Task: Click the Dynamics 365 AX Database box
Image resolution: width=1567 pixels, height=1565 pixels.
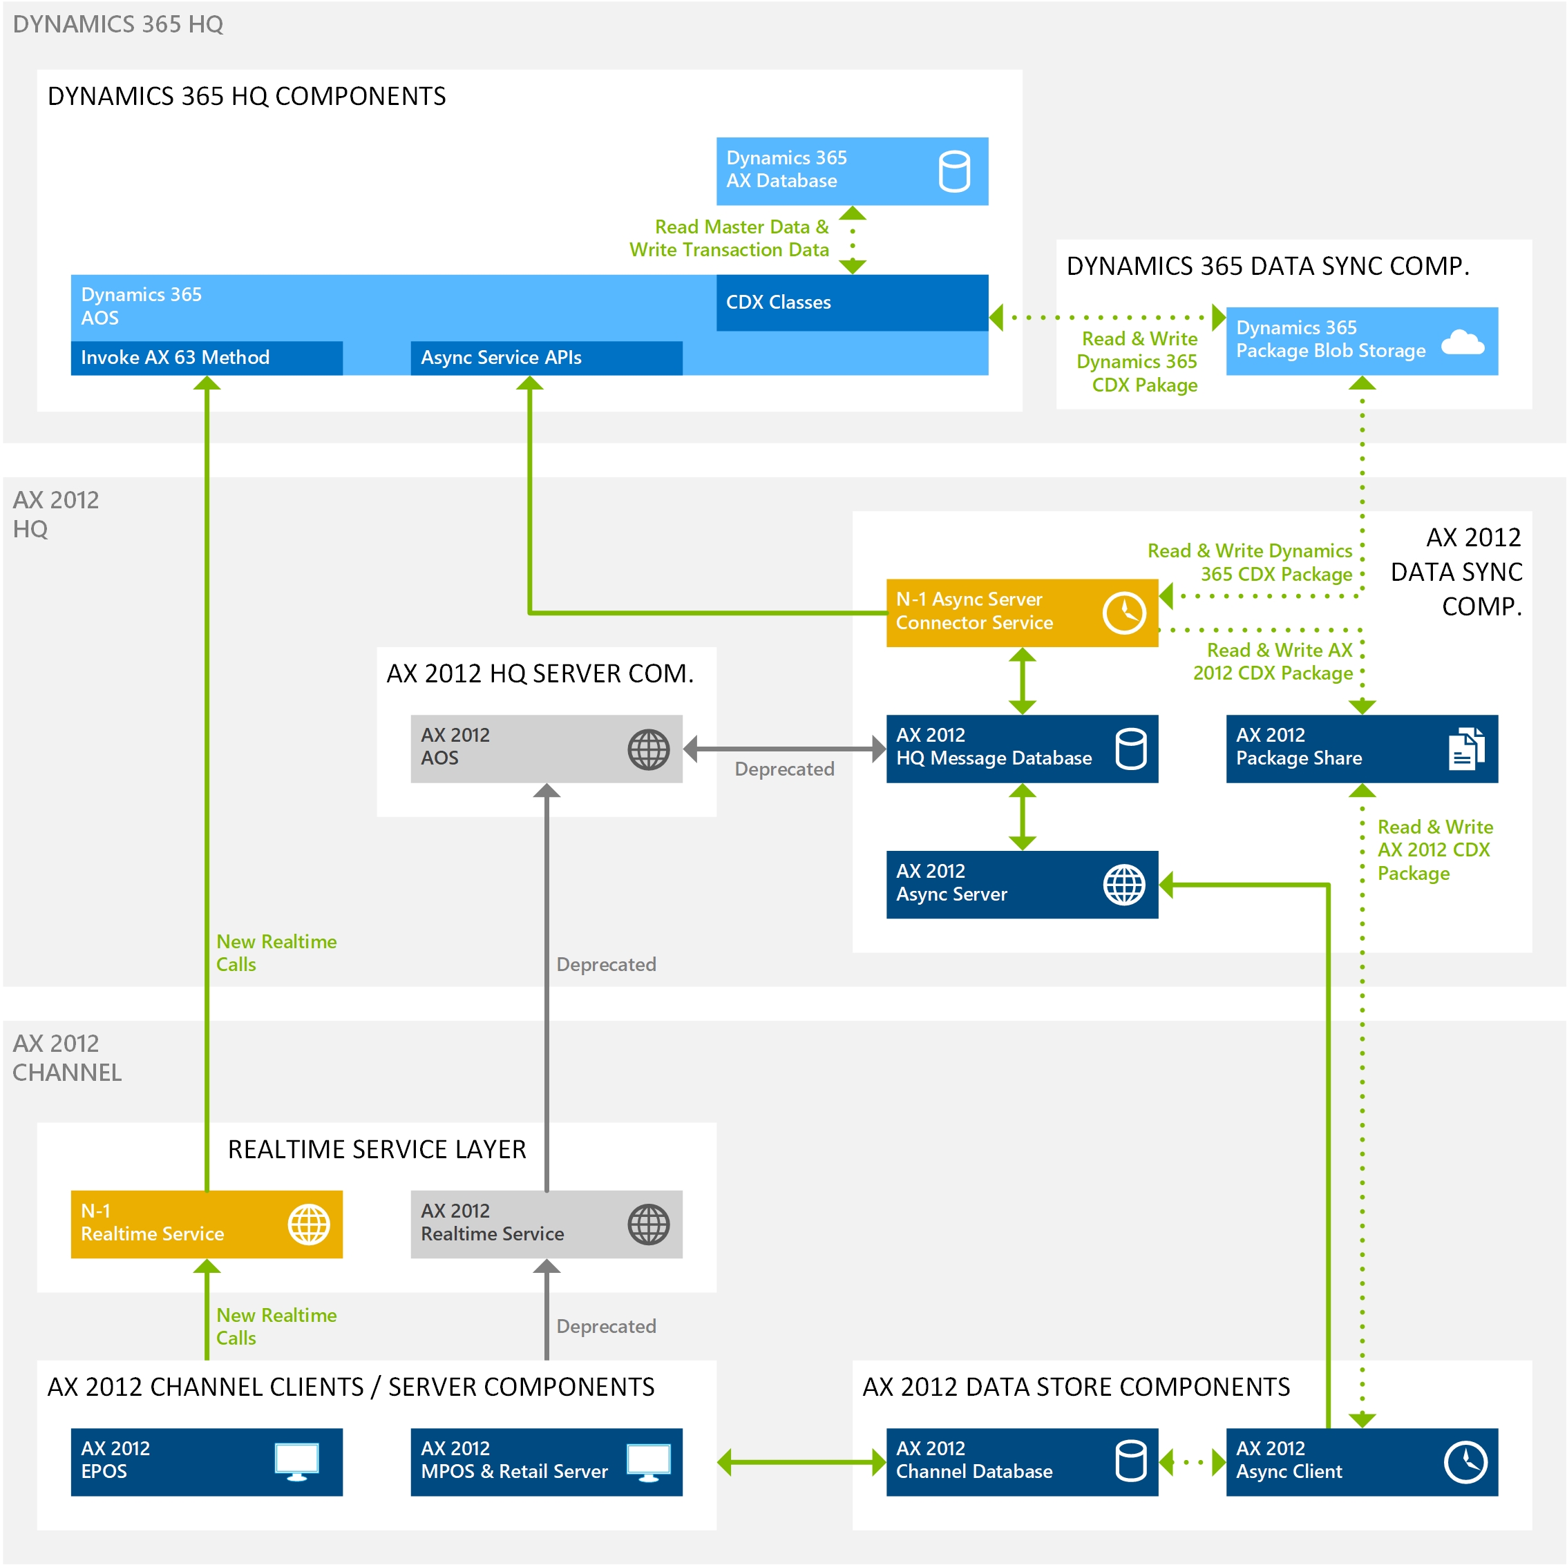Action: [x=852, y=171]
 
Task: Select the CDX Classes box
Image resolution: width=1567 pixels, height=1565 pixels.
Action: [x=852, y=303]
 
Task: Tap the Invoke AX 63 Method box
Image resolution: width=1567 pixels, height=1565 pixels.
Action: [x=206, y=358]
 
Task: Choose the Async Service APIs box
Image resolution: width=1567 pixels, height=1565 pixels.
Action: [x=546, y=358]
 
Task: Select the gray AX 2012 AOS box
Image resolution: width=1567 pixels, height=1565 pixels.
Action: [x=546, y=748]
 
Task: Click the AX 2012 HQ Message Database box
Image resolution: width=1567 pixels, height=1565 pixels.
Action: [x=1021, y=748]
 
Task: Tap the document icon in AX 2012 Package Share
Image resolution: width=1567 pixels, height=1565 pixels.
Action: [x=1465, y=748]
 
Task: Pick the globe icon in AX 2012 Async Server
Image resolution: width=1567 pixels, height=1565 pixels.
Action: [x=1124, y=884]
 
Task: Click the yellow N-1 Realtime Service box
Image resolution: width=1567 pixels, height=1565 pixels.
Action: [x=206, y=1223]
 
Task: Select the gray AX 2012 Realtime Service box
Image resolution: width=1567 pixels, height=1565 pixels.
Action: [x=546, y=1223]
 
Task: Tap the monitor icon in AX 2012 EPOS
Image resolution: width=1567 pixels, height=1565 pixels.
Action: [x=297, y=1461]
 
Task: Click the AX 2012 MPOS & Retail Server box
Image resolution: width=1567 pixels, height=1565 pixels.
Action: [x=546, y=1461]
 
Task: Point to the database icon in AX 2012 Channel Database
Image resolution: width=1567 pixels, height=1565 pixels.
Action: [x=1130, y=1461]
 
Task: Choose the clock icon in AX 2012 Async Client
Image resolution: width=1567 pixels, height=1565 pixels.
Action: [x=1465, y=1461]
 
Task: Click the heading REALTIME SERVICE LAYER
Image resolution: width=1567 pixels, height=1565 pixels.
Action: [x=377, y=1149]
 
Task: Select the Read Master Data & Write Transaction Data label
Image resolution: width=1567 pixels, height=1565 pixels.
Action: [x=728, y=238]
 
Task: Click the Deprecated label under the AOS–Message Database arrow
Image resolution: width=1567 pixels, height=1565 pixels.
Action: [x=783, y=769]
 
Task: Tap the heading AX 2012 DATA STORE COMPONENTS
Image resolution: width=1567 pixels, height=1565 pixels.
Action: [x=1076, y=1387]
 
